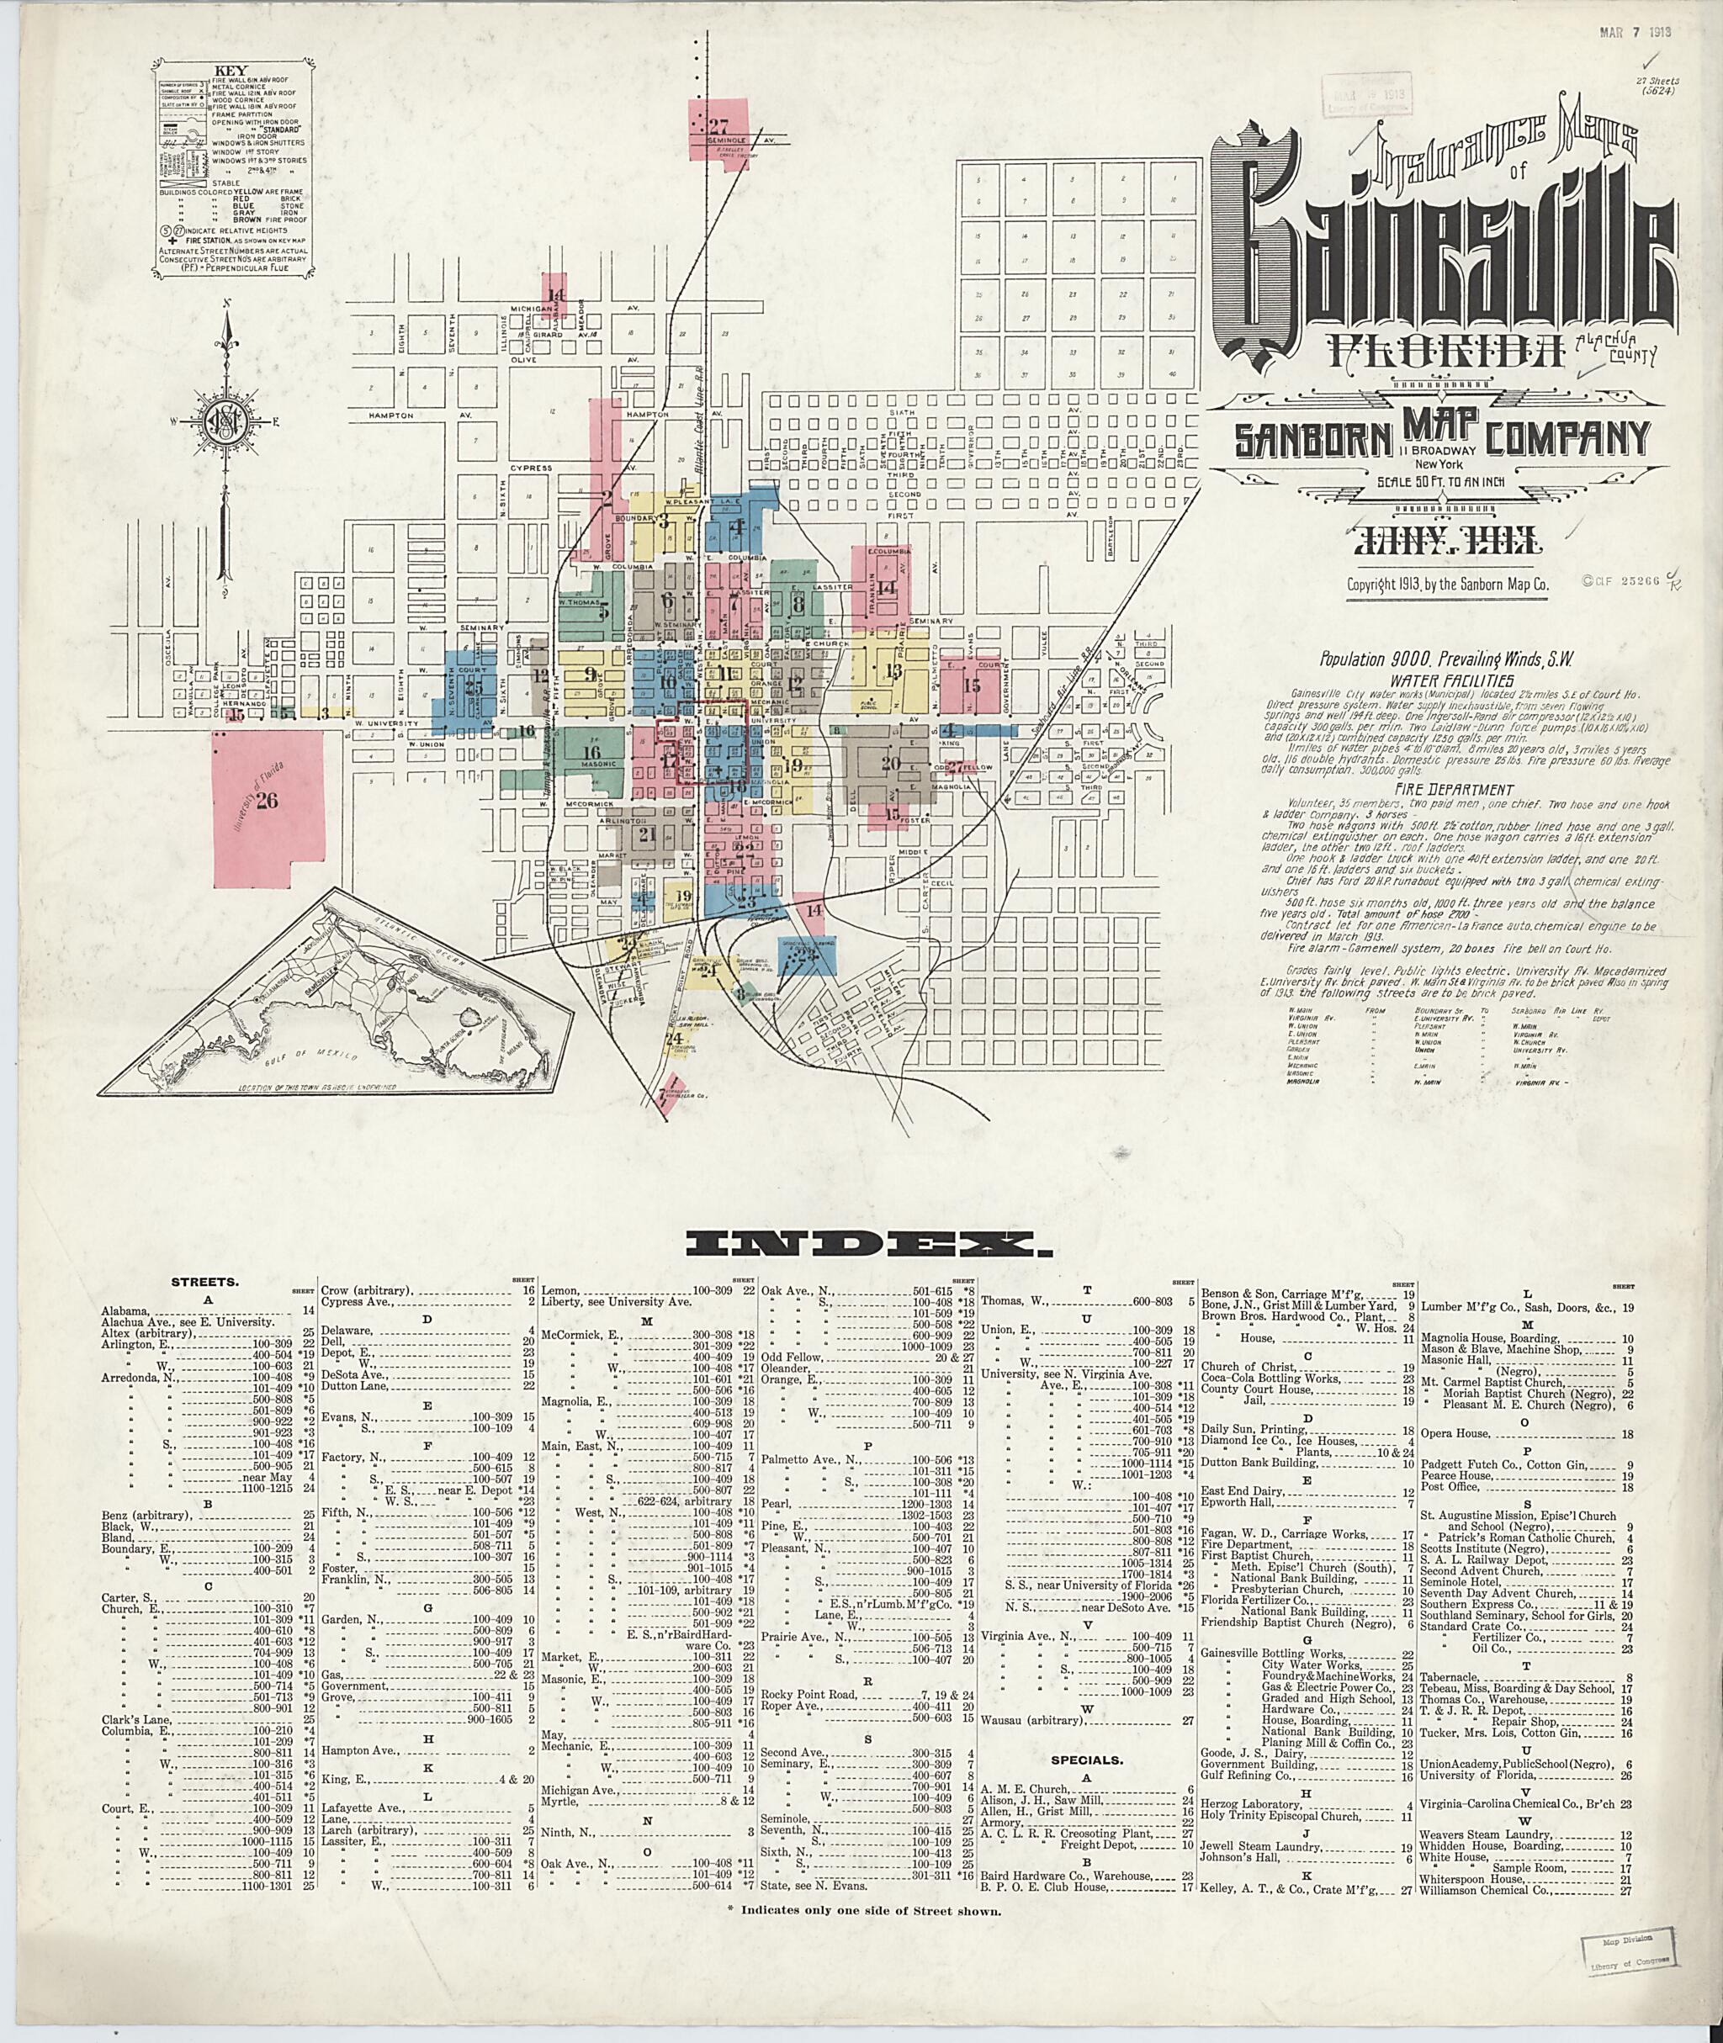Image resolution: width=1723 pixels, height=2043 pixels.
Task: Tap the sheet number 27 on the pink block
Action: coord(720,125)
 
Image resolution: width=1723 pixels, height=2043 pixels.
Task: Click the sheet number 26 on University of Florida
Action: coord(266,801)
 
